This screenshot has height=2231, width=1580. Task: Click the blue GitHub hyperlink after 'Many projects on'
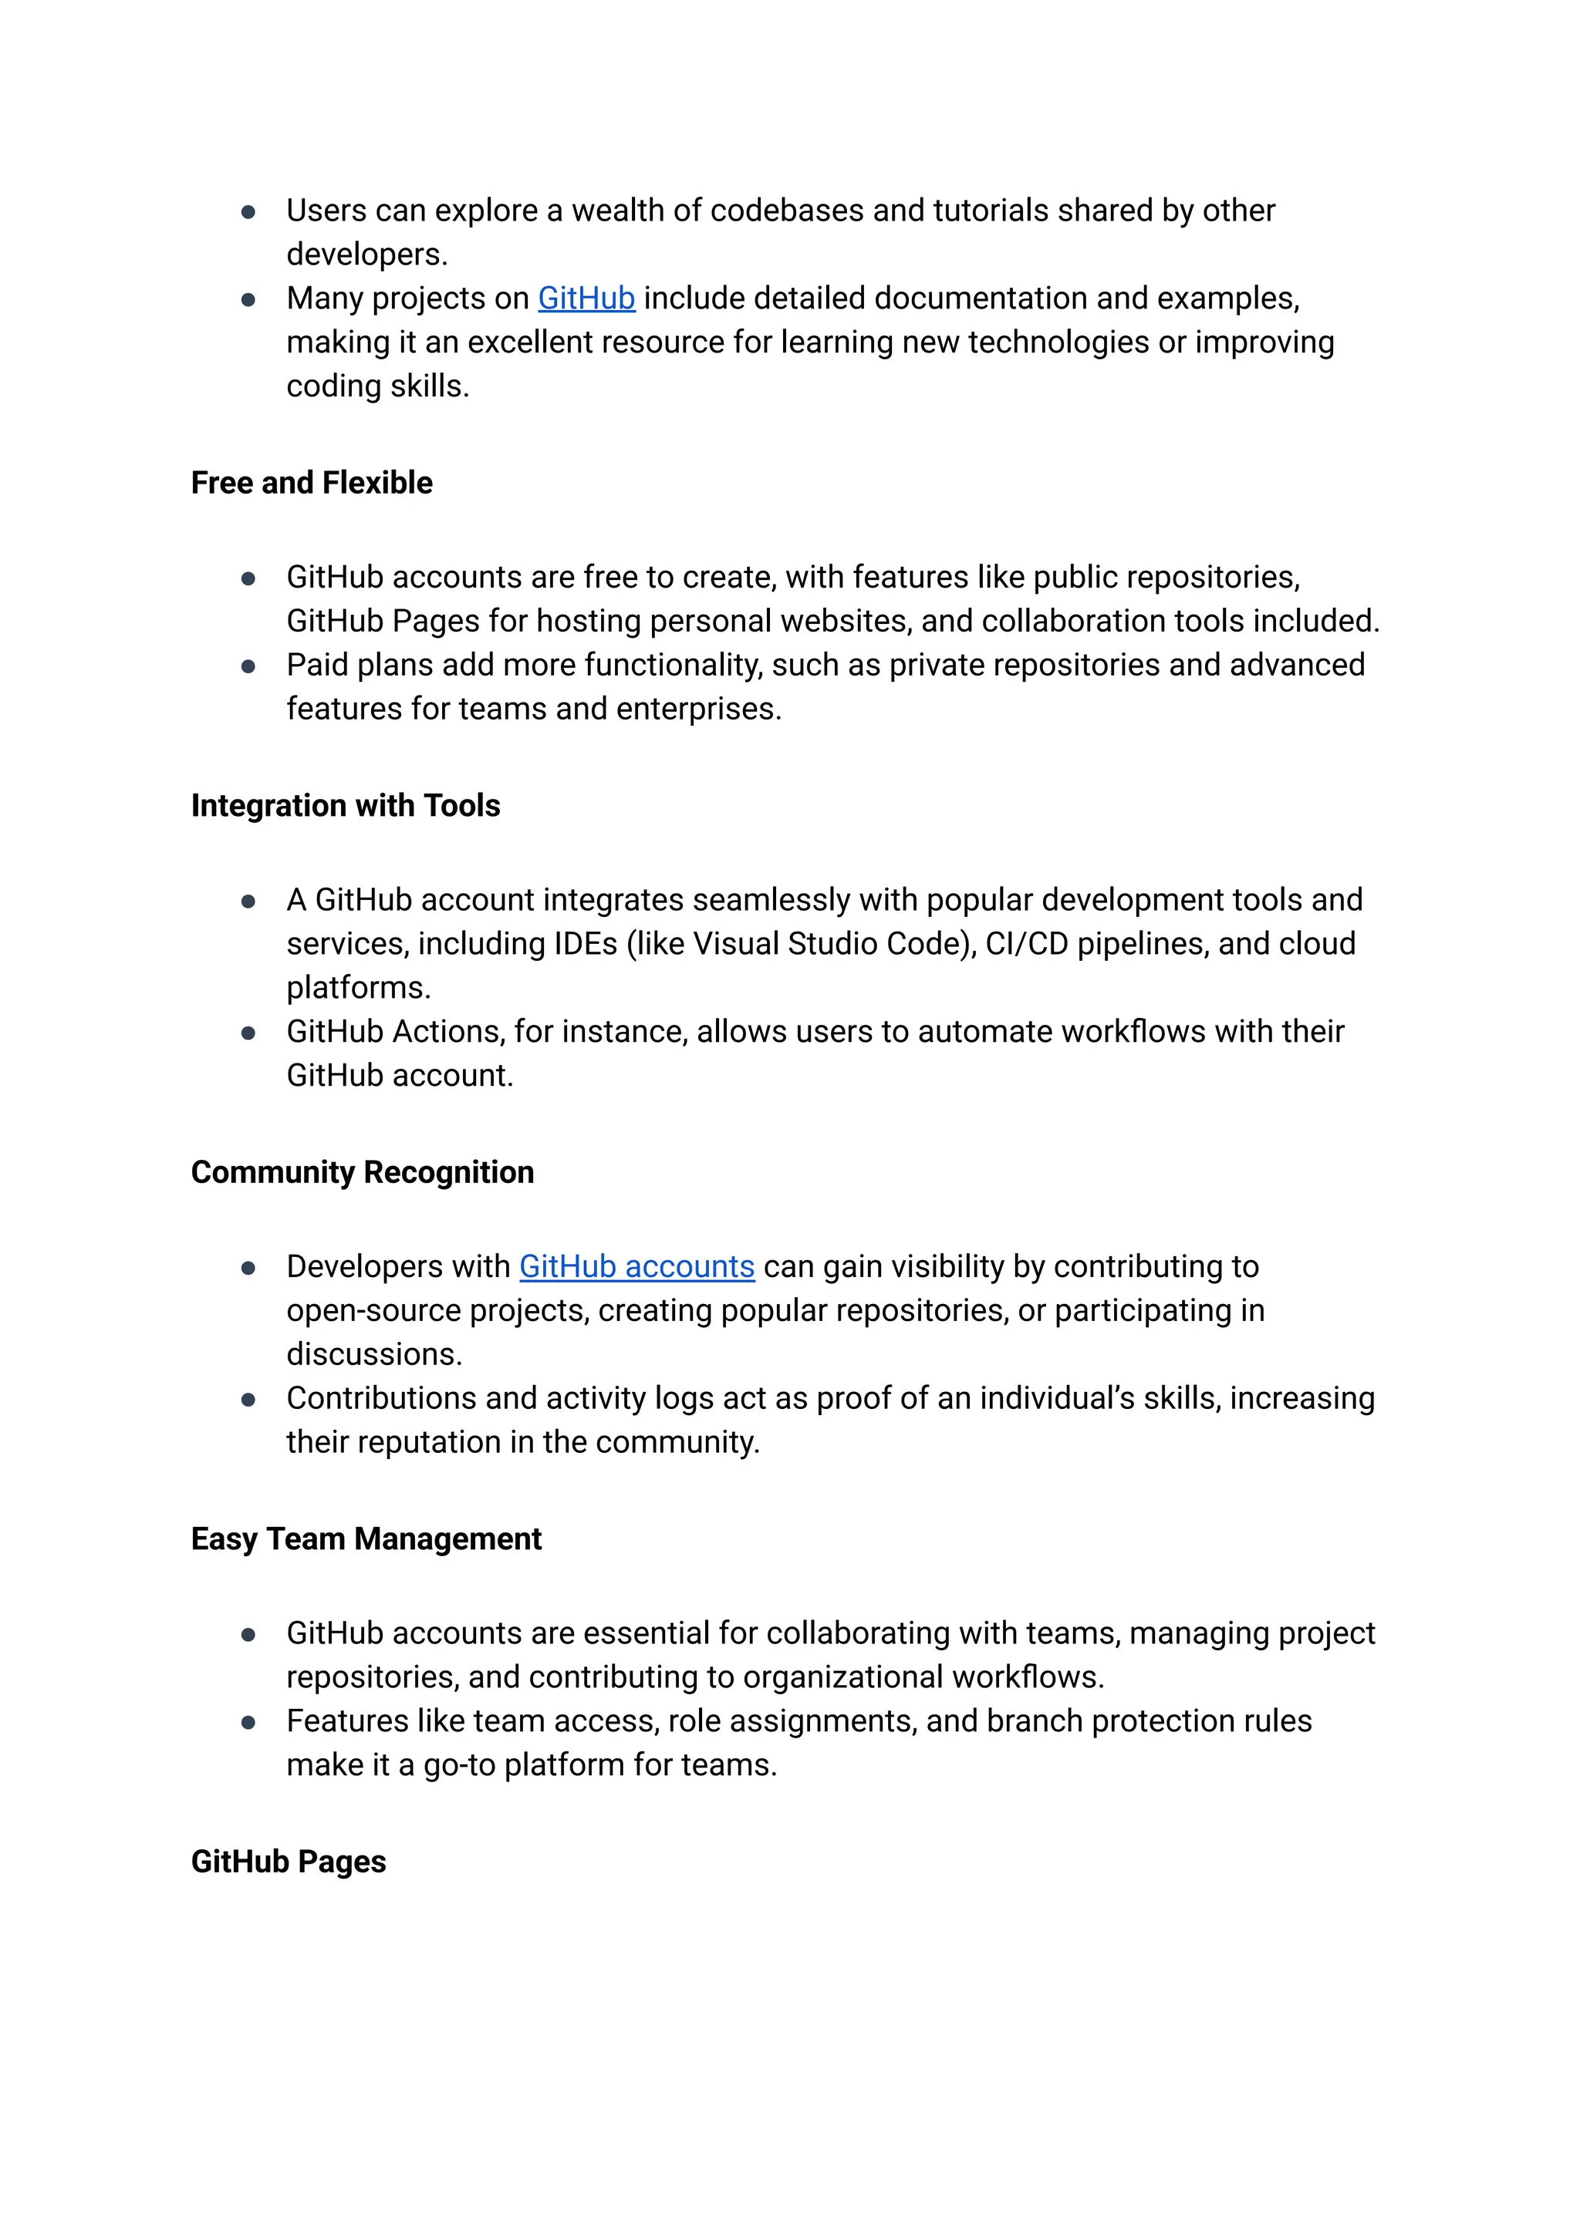586,298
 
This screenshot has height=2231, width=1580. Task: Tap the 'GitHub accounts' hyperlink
636,1266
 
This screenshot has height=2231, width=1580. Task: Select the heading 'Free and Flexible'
312,484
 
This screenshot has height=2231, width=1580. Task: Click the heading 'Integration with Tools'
346,806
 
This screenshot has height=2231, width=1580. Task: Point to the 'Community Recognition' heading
362,1173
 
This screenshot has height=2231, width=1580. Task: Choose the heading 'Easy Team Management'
366,1539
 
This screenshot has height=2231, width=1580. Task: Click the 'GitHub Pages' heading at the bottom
288,1862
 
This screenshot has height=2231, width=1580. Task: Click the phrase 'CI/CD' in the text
1026,945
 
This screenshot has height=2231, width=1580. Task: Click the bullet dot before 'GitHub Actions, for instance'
248,1033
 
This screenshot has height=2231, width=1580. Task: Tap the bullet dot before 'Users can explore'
248,212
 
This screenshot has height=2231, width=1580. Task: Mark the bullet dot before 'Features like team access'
248,1722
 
